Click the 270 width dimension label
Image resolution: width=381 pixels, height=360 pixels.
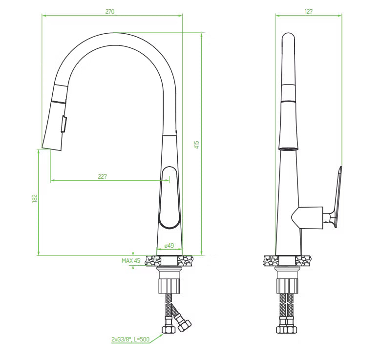pyautogui.click(x=109, y=11)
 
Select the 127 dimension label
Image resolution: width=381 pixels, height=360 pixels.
pyautogui.click(x=308, y=11)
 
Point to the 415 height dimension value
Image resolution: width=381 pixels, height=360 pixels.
pyautogui.click(x=197, y=145)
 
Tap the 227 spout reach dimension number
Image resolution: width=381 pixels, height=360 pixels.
pyautogui.click(x=102, y=177)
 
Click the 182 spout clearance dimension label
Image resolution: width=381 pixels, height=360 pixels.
pyautogui.click(x=35, y=198)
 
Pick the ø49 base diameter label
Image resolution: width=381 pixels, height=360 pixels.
pyautogui.click(x=169, y=246)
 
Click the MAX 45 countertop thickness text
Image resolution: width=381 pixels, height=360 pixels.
pyautogui.click(x=131, y=261)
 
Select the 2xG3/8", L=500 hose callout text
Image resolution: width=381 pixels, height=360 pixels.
pyautogui.click(x=130, y=339)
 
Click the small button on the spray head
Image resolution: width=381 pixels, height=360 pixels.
pyautogui.click(x=63, y=124)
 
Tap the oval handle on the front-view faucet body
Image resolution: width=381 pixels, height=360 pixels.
pyautogui.click(x=169, y=197)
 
